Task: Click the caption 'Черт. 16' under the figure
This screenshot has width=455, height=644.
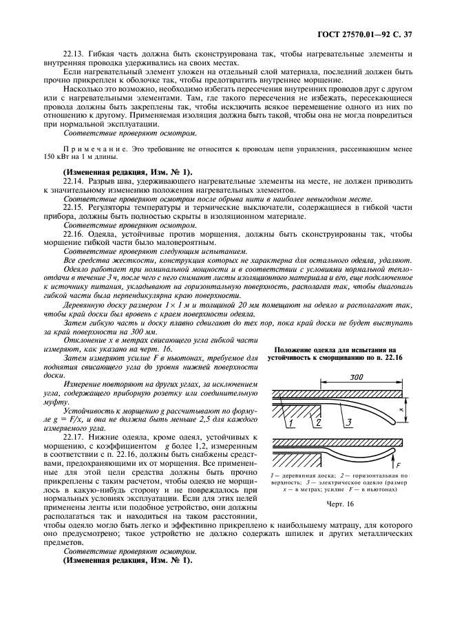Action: pyautogui.click(x=340, y=504)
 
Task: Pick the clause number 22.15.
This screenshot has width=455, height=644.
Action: pyautogui.click(x=74, y=206)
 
